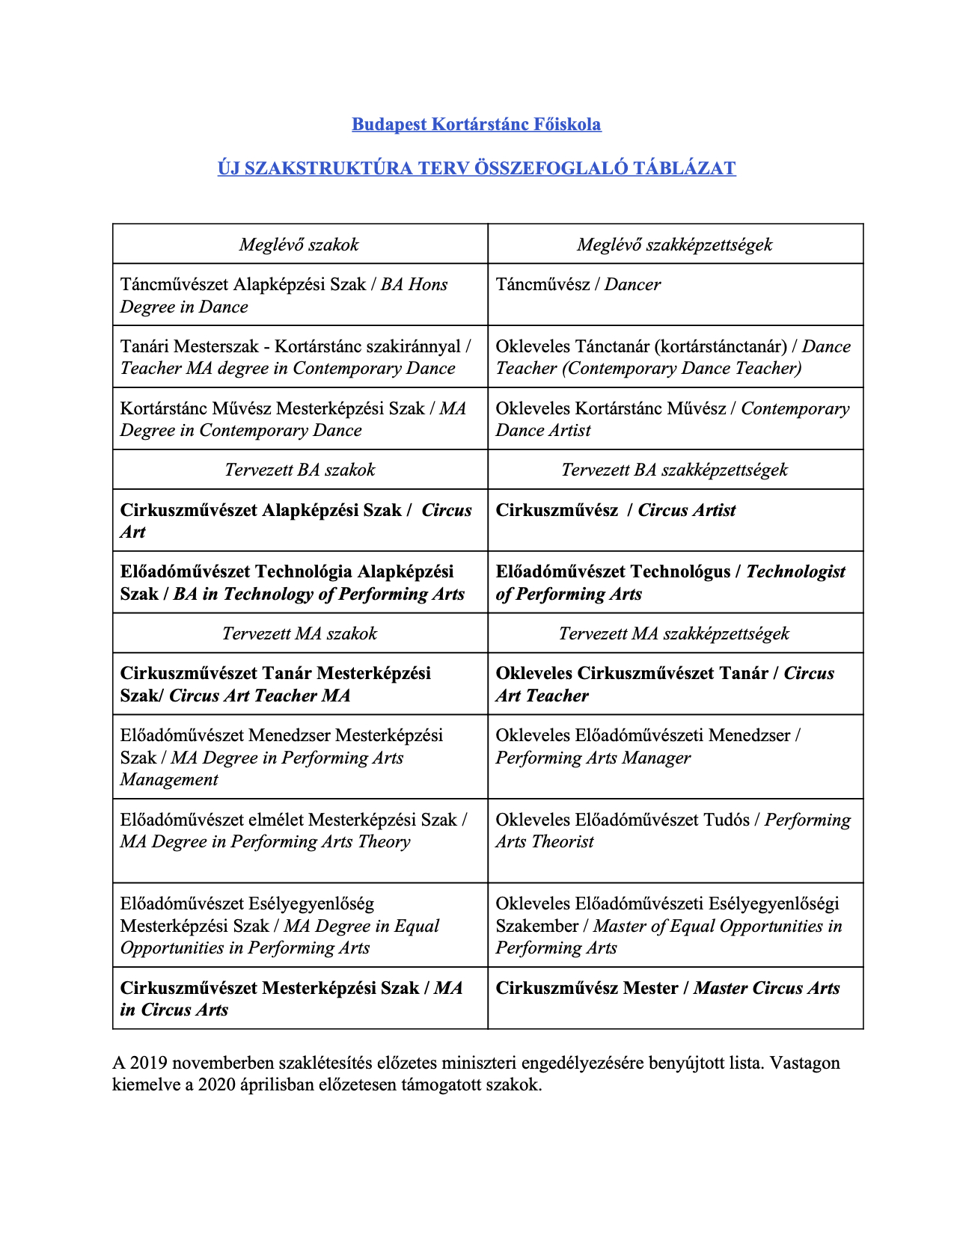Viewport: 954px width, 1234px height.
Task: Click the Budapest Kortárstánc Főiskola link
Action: coord(477,124)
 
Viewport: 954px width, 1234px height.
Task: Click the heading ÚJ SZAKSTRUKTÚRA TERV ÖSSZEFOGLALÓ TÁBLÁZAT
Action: coord(477,168)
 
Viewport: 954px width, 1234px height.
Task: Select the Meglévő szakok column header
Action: coord(299,245)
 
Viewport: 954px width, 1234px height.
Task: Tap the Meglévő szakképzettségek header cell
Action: coord(674,245)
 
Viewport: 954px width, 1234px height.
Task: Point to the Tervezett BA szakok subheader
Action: coord(299,470)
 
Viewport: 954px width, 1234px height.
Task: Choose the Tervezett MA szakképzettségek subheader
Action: coord(674,633)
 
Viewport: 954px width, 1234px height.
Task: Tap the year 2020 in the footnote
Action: coord(218,1084)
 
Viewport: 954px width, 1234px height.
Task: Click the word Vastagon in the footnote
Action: coord(804,1063)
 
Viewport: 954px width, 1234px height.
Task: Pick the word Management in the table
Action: coord(169,780)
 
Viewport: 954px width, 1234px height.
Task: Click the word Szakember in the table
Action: coord(536,926)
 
